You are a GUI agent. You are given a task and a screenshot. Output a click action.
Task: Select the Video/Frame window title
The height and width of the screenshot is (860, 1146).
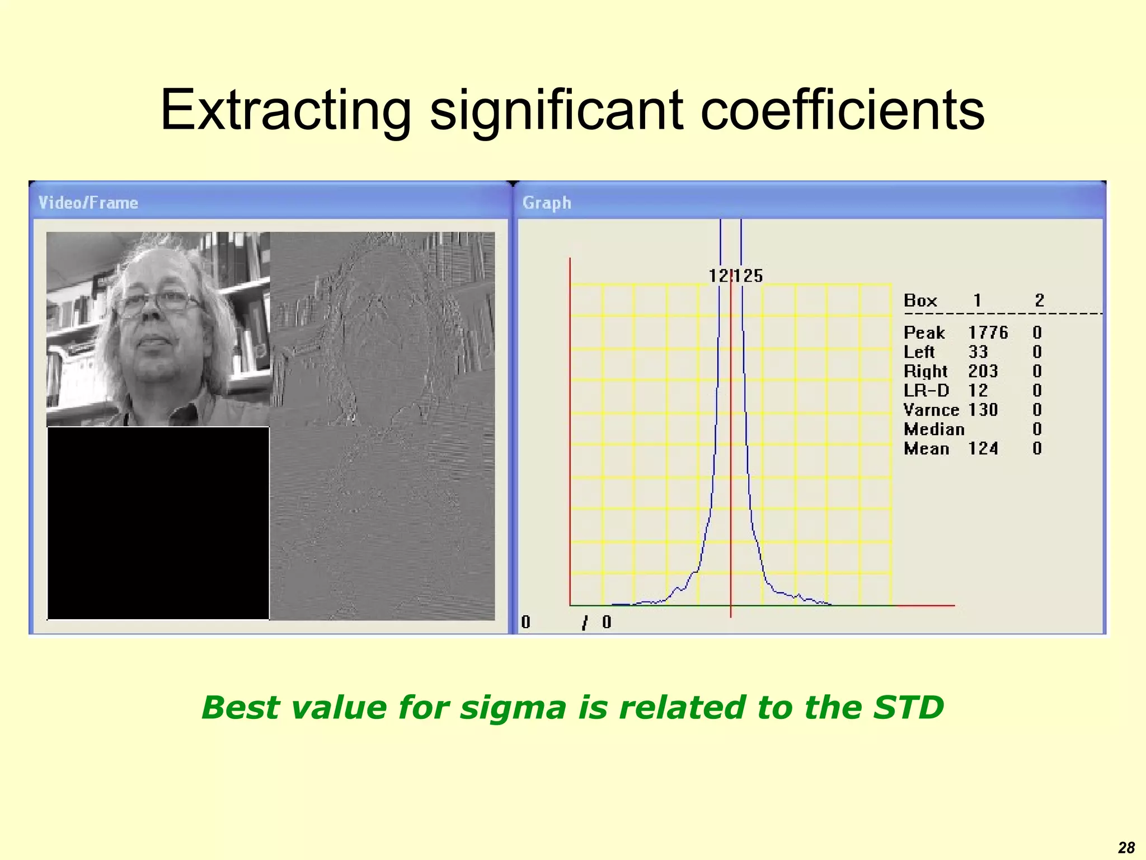click(88, 203)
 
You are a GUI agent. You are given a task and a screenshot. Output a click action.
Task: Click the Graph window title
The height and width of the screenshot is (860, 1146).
click(547, 203)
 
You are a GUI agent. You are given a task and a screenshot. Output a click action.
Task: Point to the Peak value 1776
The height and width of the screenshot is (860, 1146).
click(988, 333)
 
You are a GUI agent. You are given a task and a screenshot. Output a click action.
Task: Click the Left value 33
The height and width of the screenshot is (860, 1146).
click(978, 352)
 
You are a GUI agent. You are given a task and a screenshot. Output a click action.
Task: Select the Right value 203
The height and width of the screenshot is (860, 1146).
click(983, 371)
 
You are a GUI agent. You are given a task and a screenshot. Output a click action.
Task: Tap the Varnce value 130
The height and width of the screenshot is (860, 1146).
click(983, 409)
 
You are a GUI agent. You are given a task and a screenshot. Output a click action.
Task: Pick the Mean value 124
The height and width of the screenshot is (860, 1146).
click(983, 448)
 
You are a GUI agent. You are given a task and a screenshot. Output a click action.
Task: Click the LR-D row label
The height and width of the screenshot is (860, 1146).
click(926, 390)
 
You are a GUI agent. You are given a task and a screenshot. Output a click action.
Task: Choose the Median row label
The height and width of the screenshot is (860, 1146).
click(934, 429)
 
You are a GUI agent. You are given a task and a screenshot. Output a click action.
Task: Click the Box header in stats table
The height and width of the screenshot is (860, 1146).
click(920, 301)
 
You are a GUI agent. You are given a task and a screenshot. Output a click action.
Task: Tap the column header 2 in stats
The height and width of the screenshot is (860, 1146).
click(1039, 301)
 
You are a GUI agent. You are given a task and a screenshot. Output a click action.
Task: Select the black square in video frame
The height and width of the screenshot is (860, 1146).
click(158, 523)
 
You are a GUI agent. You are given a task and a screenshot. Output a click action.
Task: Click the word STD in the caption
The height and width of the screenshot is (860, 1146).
click(908, 707)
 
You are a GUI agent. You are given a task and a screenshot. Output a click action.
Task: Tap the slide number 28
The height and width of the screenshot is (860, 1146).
click(1126, 848)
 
